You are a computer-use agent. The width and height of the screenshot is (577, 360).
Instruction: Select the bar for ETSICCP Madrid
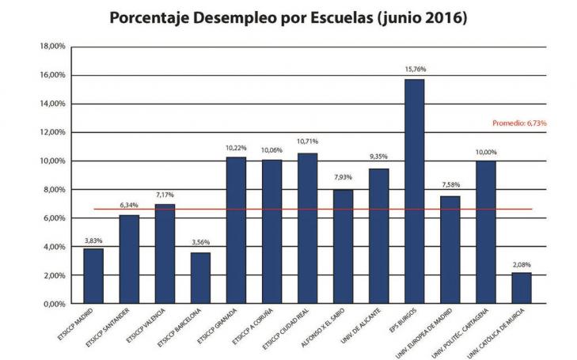point(93,276)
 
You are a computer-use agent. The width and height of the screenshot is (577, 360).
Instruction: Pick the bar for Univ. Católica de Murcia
point(521,288)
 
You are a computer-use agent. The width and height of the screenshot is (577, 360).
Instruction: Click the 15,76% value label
point(414,70)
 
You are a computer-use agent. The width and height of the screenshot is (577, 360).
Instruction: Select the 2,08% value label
point(521,263)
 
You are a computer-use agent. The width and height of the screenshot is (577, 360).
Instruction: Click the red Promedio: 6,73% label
point(519,123)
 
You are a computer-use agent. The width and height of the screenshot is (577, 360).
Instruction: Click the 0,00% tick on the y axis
point(54,304)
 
